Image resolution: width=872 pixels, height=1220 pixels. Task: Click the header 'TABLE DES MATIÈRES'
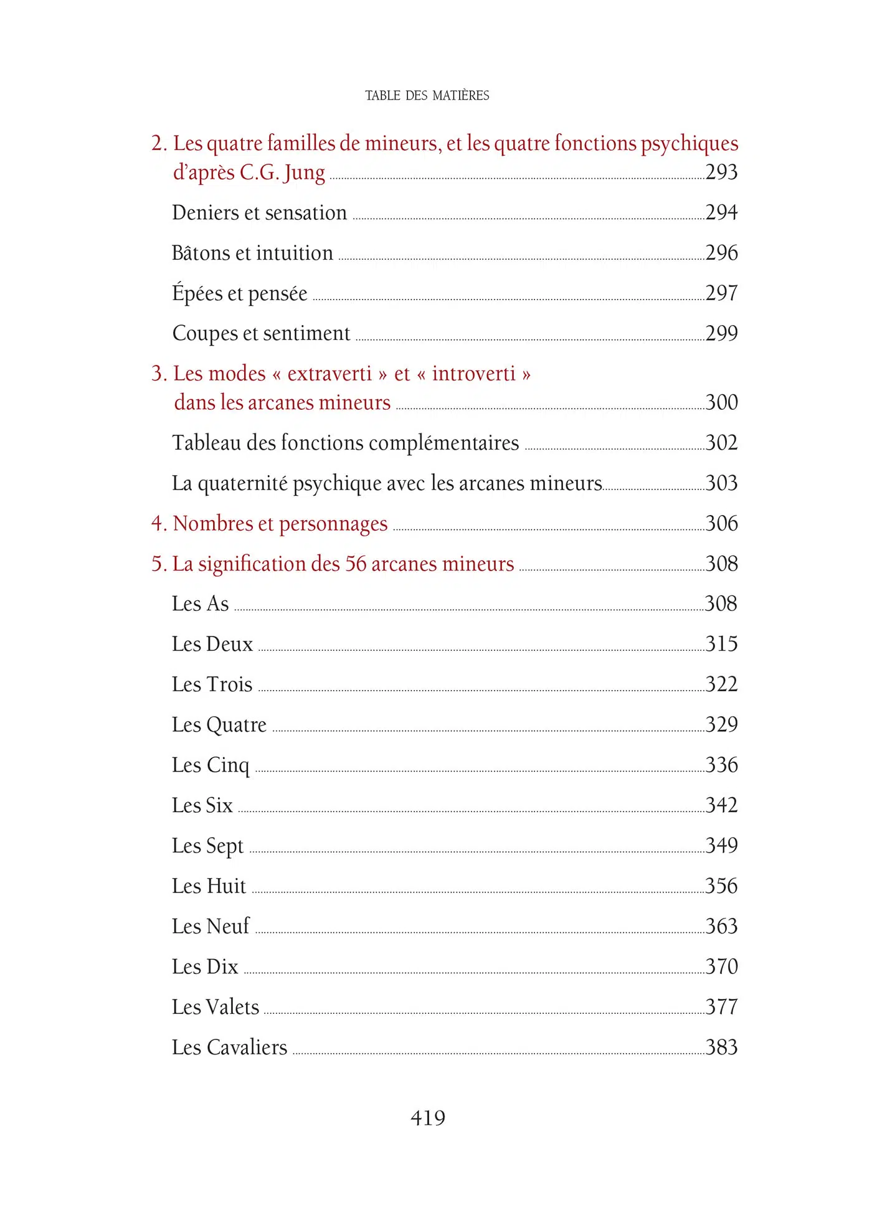(x=427, y=95)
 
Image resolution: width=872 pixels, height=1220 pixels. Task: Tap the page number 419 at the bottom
(x=428, y=1117)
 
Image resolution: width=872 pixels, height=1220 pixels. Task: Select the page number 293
(x=721, y=172)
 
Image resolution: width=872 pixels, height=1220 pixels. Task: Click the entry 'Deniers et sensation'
(x=259, y=213)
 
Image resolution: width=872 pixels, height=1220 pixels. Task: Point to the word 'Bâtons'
(x=201, y=253)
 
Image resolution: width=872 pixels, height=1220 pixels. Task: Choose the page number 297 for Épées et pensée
(x=721, y=293)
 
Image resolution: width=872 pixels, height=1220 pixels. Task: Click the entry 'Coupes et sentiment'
(x=261, y=333)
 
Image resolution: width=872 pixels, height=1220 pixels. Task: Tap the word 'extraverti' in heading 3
(x=329, y=374)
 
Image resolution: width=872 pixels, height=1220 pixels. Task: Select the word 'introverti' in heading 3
(x=473, y=374)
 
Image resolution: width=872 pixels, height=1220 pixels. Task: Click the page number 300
(x=721, y=402)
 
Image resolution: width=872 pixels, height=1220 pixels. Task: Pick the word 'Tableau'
(x=206, y=443)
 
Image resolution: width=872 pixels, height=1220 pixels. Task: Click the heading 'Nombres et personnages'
(x=280, y=524)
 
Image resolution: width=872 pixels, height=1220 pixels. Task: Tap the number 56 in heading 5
(x=356, y=564)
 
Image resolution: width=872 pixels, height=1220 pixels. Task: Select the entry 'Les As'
(x=200, y=603)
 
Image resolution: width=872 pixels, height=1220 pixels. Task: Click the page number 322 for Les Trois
(x=721, y=684)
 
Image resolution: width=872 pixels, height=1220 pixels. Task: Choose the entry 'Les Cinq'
(x=211, y=765)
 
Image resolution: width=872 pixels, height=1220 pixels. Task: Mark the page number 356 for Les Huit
(x=721, y=886)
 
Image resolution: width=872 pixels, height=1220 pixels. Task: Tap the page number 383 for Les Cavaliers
(x=721, y=1047)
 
